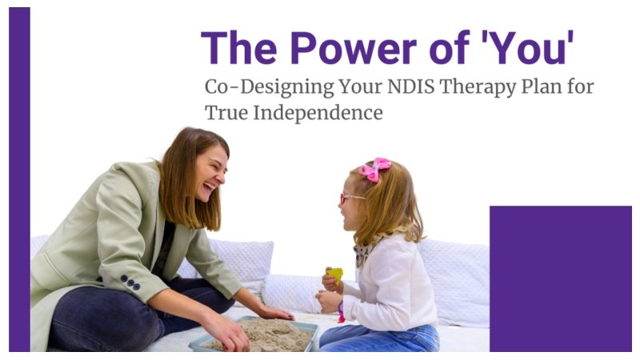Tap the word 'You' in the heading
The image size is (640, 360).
[x=529, y=47]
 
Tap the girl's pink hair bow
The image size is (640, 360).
[x=374, y=168]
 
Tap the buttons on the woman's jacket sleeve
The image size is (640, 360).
[x=130, y=282]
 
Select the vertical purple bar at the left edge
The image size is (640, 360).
[x=19, y=180]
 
